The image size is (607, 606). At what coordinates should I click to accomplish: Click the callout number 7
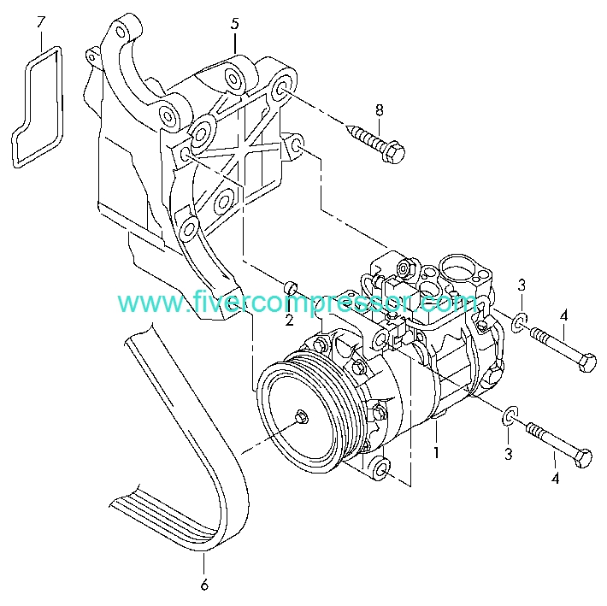[x=41, y=21]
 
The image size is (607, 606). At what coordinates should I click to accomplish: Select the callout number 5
[x=235, y=24]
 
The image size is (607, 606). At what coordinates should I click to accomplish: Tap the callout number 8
[x=380, y=110]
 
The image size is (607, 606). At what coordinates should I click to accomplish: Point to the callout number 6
[x=204, y=585]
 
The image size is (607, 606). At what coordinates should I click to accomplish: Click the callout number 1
[x=436, y=452]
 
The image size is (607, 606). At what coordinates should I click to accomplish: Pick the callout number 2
[x=289, y=320]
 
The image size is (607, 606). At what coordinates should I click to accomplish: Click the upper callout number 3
[x=522, y=285]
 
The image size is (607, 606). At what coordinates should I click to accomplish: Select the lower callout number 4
[x=555, y=479]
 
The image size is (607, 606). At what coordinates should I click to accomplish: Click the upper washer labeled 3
[x=519, y=323]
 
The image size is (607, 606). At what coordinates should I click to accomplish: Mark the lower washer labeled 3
[x=510, y=415]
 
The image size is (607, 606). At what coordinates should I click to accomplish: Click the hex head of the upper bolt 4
[x=587, y=362]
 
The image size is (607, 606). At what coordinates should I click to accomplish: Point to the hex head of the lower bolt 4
[x=583, y=458]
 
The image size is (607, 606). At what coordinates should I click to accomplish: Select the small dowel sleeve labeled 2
[x=291, y=288]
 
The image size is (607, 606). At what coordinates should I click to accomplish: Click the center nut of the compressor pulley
[x=301, y=418]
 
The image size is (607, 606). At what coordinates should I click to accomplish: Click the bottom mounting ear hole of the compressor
[x=381, y=468]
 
